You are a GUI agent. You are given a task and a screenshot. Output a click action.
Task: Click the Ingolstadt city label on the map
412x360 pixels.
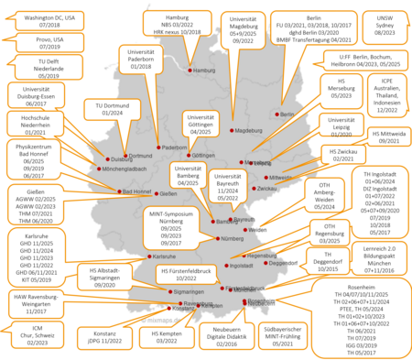(x=241, y=265)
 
